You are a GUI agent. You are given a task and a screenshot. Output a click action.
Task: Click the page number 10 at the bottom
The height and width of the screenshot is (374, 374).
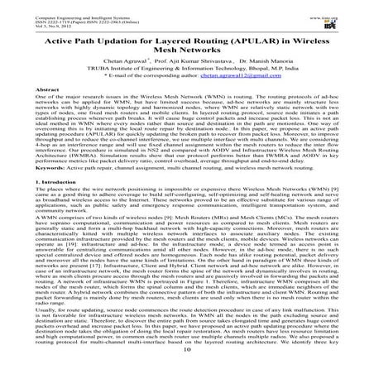[x=187, y=365]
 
